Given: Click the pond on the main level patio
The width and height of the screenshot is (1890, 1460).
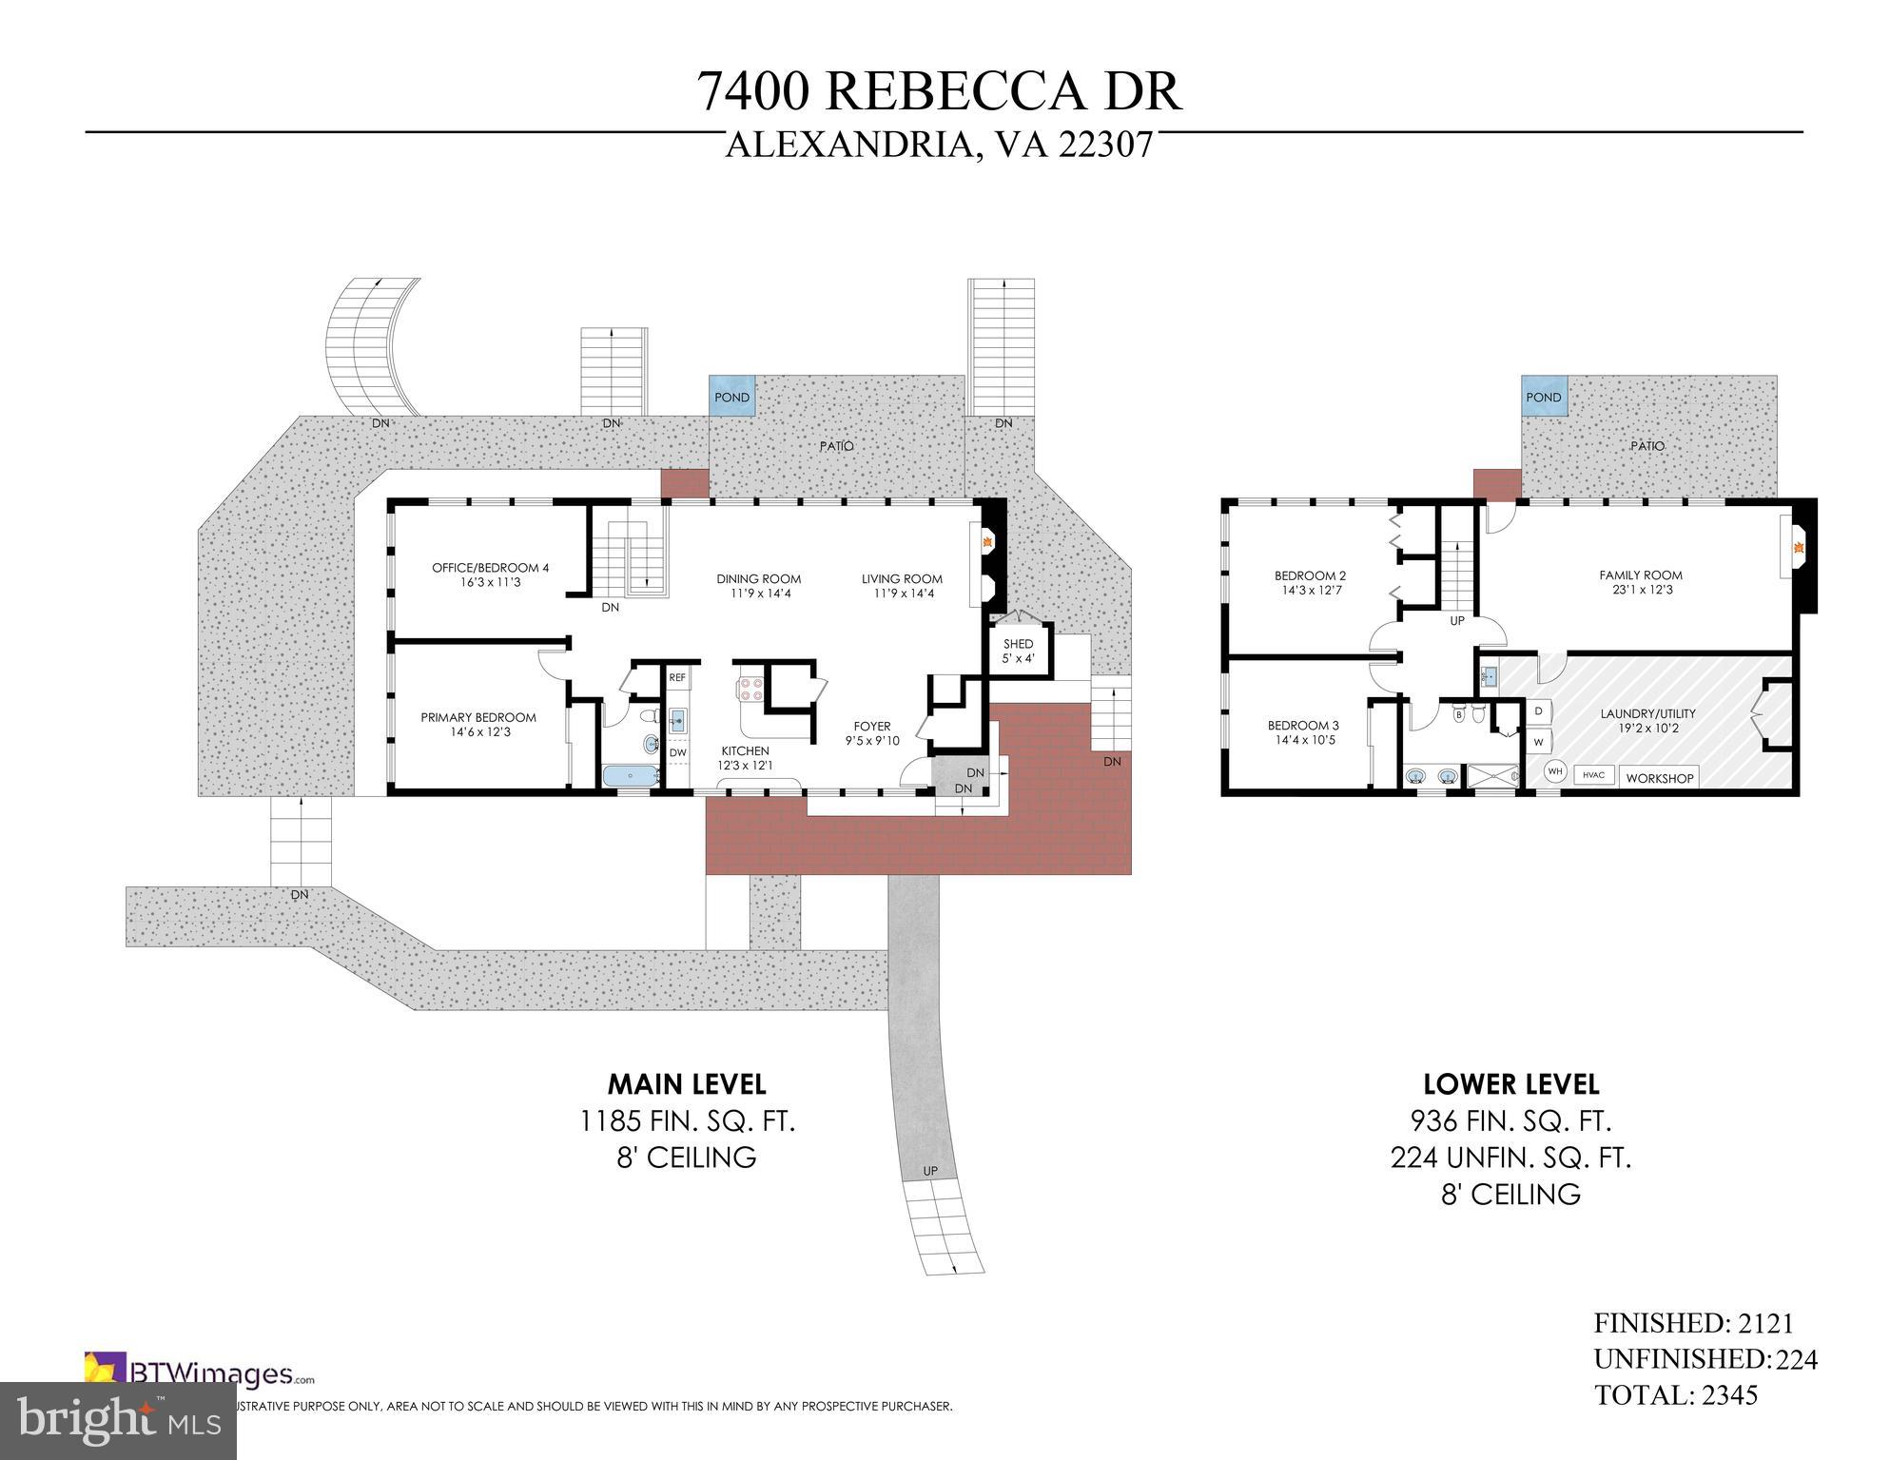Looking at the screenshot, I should point(731,396).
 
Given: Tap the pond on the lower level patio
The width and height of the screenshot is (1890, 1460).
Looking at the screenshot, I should point(1543,396).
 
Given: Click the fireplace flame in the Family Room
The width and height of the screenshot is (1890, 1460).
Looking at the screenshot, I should point(1798,548).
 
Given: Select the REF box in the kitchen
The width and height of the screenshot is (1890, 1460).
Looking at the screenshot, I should point(677,677).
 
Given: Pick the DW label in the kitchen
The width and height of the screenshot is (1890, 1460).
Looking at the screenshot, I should point(677,752).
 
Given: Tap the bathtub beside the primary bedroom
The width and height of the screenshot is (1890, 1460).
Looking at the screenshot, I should point(631,775).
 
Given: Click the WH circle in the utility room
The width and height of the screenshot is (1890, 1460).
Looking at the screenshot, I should point(1554,771).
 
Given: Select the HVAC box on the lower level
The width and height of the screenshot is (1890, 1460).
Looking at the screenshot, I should point(1593,774).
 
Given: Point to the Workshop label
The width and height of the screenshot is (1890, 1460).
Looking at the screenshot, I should point(1659,777).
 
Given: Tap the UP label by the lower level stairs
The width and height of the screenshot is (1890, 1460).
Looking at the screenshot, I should point(1456,620).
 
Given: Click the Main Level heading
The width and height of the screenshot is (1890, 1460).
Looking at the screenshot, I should point(687,1083).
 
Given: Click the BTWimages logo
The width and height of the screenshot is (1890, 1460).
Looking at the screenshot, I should point(200,1373).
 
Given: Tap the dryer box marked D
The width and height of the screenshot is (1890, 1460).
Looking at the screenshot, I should point(1538,711).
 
